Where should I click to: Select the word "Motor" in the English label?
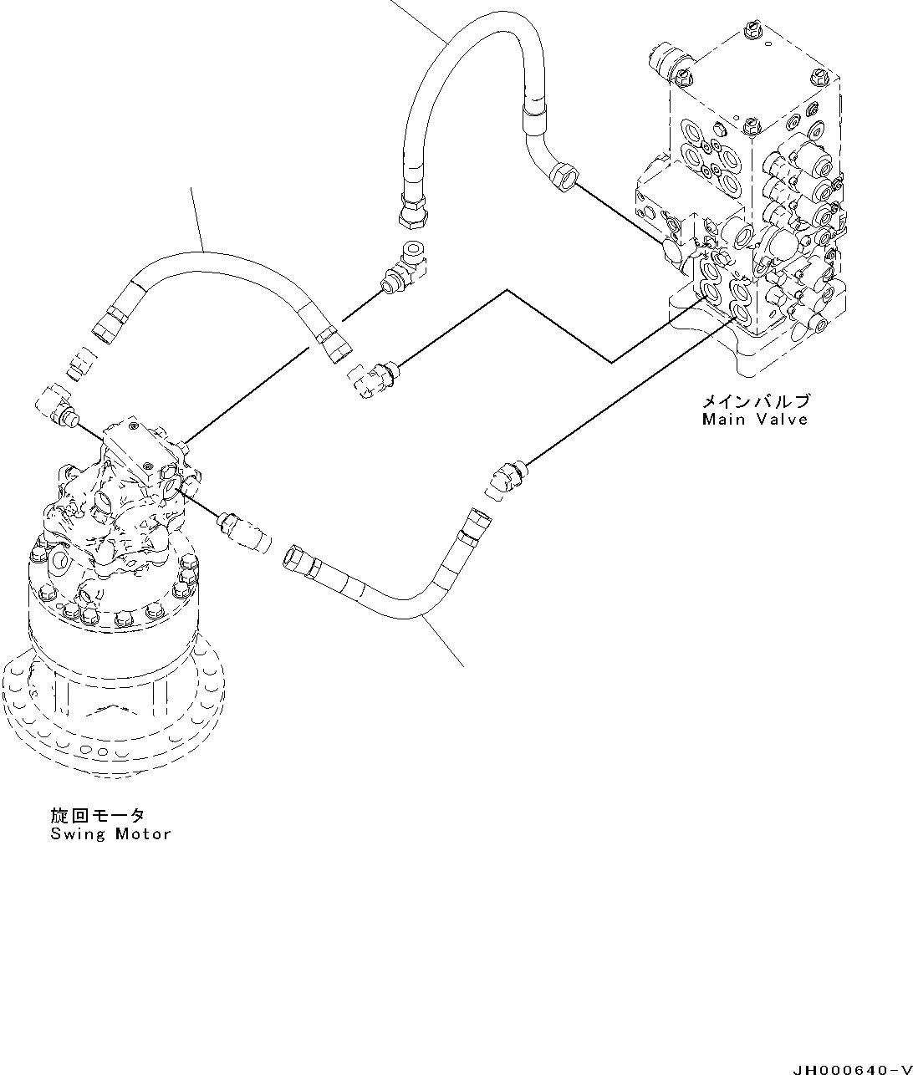coord(143,833)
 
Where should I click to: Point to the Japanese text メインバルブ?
coord(756,401)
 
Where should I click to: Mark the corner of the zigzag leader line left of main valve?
coord(612,362)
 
